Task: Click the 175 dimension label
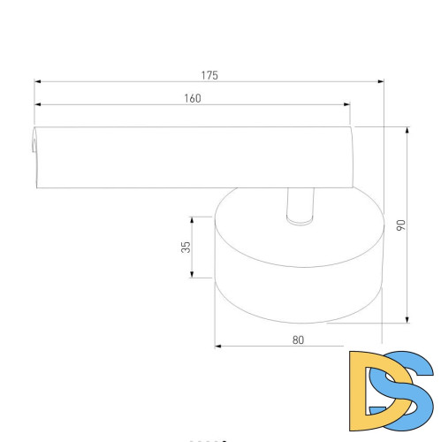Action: (x=209, y=75)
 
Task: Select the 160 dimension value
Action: (x=193, y=98)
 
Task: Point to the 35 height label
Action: (x=186, y=248)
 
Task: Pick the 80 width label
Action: (x=298, y=339)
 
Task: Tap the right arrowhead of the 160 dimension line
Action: (x=346, y=105)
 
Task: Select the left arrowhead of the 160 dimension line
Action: (x=39, y=105)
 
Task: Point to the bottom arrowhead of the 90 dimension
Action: (x=407, y=320)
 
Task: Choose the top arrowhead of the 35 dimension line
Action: (x=193, y=220)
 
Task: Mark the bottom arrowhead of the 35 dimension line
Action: (x=193, y=275)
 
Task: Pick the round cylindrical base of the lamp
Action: (x=298, y=265)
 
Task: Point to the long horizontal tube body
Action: (x=194, y=157)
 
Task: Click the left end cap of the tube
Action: (x=36, y=157)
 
